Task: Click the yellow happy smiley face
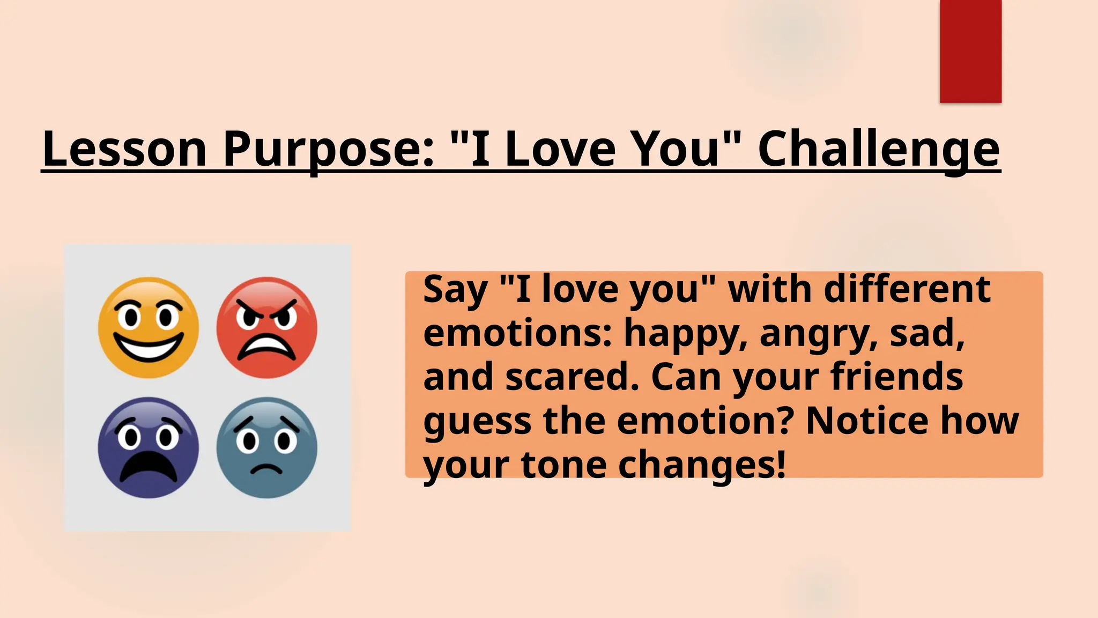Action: tap(149, 327)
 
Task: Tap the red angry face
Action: tap(266, 327)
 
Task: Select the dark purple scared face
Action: tap(149, 447)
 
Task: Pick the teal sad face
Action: tap(266, 447)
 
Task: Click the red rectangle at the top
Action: tap(970, 51)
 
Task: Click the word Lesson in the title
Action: tap(124, 149)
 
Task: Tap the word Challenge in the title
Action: tap(879, 149)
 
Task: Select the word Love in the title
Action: tap(560, 149)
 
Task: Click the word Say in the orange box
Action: tap(455, 290)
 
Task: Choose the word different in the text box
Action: tap(907, 289)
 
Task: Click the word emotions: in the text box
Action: tap(517, 333)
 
